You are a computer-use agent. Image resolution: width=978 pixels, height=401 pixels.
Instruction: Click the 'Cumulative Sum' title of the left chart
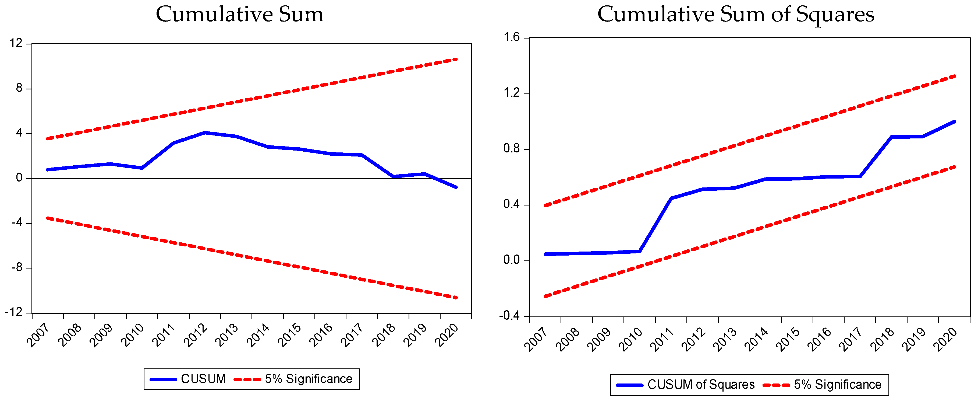240,15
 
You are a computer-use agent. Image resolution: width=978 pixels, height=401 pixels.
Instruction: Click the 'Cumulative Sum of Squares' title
736,15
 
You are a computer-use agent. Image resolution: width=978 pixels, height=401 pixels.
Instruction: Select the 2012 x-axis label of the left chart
195,335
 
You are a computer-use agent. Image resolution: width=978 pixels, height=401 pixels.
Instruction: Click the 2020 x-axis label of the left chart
446,335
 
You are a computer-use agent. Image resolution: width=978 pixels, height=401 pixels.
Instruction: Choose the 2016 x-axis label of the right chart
819,339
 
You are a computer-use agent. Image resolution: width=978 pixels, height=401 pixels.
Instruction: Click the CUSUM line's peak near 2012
205,133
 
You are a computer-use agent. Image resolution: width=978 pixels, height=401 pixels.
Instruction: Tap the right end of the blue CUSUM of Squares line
954,122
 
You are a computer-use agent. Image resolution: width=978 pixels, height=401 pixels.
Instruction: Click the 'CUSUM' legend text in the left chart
203,379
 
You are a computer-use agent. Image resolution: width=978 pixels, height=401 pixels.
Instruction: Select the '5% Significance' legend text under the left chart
308,379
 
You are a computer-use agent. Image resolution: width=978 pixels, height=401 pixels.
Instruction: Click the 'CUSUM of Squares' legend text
701,385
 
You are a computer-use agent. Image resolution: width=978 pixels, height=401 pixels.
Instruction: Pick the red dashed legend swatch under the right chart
776,385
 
